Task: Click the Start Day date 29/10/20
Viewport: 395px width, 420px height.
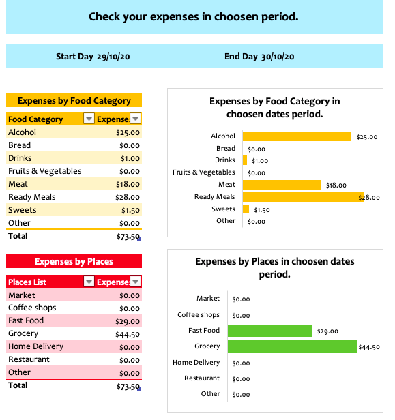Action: pyautogui.click(x=113, y=57)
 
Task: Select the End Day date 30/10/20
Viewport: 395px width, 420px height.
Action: pyautogui.click(x=278, y=57)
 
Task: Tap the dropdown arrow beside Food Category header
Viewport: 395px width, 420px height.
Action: pyautogui.click(x=89, y=118)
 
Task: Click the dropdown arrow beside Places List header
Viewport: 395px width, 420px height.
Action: pyautogui.click(x=89, y=281)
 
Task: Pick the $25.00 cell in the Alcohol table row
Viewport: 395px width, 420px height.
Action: pyautogui.click(x=128, y=132)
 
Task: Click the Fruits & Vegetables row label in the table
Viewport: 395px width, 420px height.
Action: pyautogui.click(x=45, y=171)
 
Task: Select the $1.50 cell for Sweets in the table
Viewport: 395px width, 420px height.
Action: pyautogui.click(x=130, y=210)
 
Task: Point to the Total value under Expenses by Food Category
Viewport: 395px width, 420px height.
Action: pyautogui.click(x=128, y=237)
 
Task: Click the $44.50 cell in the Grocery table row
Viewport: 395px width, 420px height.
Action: pyautogui.click(x=128, y=334)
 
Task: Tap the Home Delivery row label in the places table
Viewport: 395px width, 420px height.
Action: pyautogui.click(x=36, y=346)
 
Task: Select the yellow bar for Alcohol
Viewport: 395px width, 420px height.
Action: pyautogui.click(x=297, y=136)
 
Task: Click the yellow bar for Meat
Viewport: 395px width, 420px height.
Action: pyautogui.click(x=282, y=185)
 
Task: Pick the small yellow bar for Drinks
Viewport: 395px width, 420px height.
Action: pyautogui.click(x=245, y=160)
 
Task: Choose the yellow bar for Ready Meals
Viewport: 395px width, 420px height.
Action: pyautogui.click(x=304, y=197)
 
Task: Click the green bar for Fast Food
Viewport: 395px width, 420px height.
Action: pyautogui.click(x=269, y=331)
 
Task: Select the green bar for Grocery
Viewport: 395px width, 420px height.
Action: pyautogui.click(x=293, y=346)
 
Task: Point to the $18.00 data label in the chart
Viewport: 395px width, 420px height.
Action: pyautogui.click(x=336, y=185)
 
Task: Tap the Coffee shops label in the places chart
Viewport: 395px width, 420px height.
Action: pyautogui.click(x=199, y=315)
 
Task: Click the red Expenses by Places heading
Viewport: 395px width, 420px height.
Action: pyautogui.click(x=74, y=261)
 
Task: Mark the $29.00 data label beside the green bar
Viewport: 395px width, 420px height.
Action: pyautogui.click(x=327, y=331)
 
